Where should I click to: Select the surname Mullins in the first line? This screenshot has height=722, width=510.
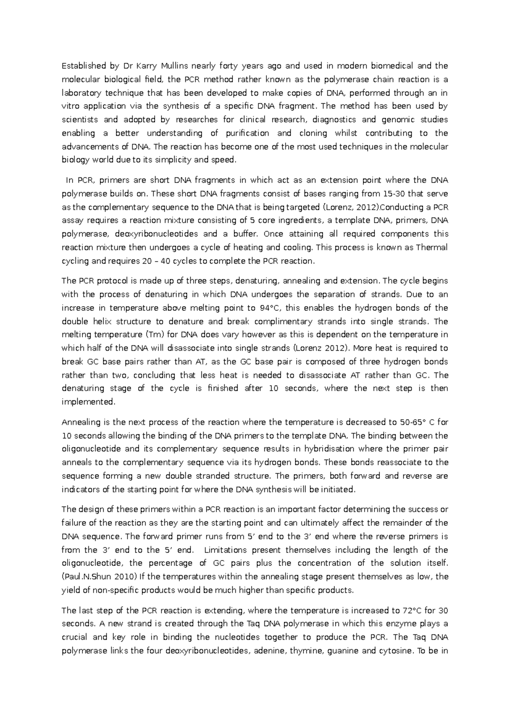pos(174,66)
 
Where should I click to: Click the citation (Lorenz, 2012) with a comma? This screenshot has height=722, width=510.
pos(351,207)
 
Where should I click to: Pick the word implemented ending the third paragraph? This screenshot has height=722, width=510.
pos(88,402)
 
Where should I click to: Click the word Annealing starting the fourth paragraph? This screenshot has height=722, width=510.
pos(80,422)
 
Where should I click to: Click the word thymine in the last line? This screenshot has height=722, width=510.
pos(304,651)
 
